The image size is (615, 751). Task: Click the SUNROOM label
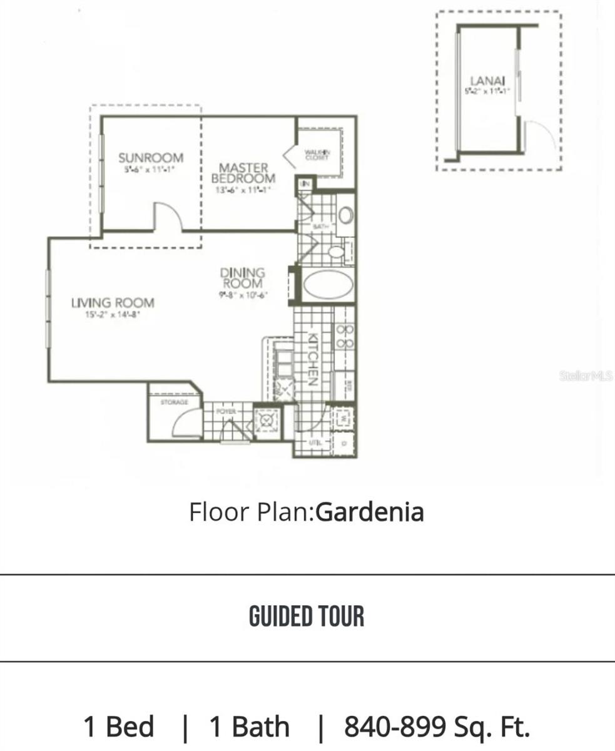coord(151,158)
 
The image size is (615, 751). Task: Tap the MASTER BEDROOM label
coord(244,173)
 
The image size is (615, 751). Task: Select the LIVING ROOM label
coord(113,304)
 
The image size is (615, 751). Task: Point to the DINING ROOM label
coord(243,278)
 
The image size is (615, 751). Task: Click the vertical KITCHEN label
coord(313,359)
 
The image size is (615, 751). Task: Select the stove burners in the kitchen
coord(345,336)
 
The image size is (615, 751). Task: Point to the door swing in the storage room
coord(186,422)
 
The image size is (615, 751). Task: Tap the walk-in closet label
coord(318,155)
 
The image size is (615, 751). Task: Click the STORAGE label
coord(174,402)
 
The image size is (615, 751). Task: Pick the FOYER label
coord(225,412)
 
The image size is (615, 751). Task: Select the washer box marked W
coord(343,416)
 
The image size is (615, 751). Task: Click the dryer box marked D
coord(343,442)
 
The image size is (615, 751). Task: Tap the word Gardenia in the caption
coord(370,512)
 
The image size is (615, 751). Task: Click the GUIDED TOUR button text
coord(307,616)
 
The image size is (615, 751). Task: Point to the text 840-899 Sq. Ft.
coord(437,727)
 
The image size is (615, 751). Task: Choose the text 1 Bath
coord(249,727)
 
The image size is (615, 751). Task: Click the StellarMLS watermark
coord(587,376)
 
